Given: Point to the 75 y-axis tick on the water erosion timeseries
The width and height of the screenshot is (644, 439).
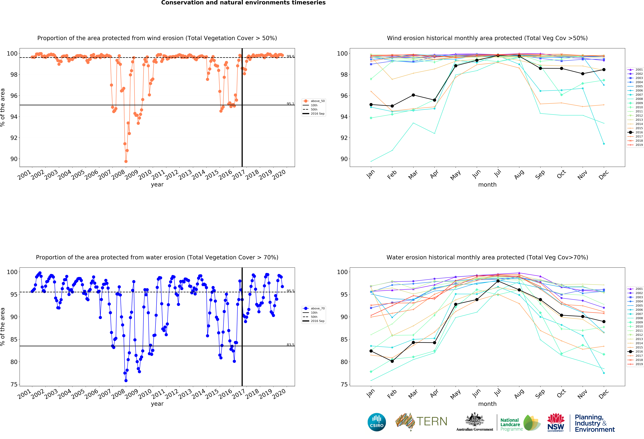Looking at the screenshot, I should (x=14, y=384).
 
